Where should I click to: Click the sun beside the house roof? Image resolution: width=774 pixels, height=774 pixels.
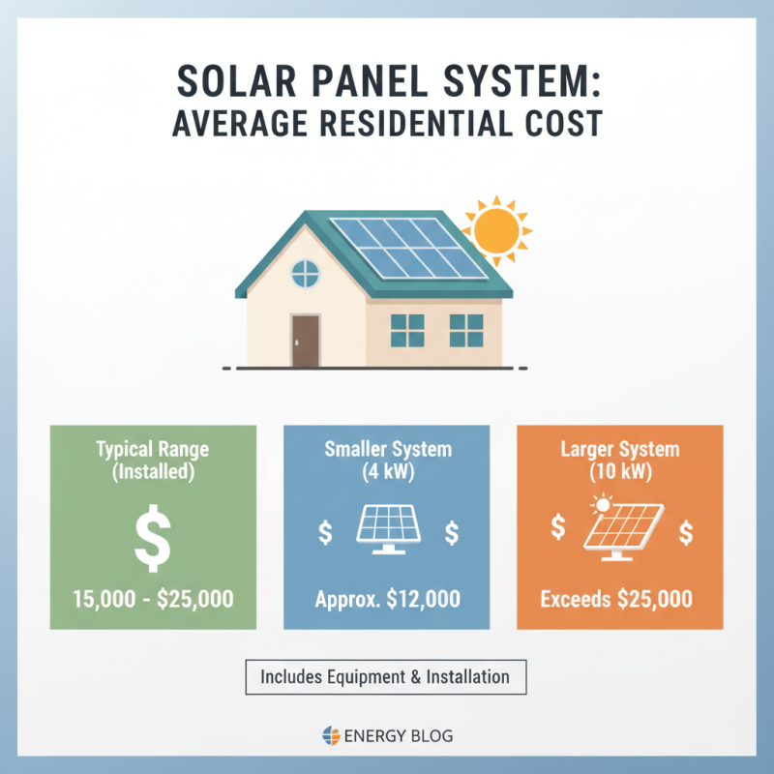click(496, 229)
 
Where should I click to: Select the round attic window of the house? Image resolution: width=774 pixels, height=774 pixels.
click(306, 275)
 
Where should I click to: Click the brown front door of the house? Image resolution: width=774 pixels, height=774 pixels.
click(306, 341)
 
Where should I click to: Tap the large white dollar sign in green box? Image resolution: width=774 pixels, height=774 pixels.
click(153, 540)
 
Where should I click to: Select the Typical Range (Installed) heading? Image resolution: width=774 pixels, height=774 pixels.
click(153, 461)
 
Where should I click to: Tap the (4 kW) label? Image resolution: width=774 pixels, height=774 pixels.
click(387, 474)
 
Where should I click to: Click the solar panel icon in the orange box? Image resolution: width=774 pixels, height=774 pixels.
click(620, 527)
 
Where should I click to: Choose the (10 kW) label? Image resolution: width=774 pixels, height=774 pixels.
click(620, 474)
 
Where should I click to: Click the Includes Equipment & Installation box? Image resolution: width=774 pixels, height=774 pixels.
click(384, 677)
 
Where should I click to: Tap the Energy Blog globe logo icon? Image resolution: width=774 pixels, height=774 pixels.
click(330, 736)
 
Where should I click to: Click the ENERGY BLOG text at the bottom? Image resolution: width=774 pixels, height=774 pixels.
click(399, 736)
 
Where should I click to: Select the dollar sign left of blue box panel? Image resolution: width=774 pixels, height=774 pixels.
click(324, 531)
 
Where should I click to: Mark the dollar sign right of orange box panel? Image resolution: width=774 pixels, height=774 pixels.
click(685, 531)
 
